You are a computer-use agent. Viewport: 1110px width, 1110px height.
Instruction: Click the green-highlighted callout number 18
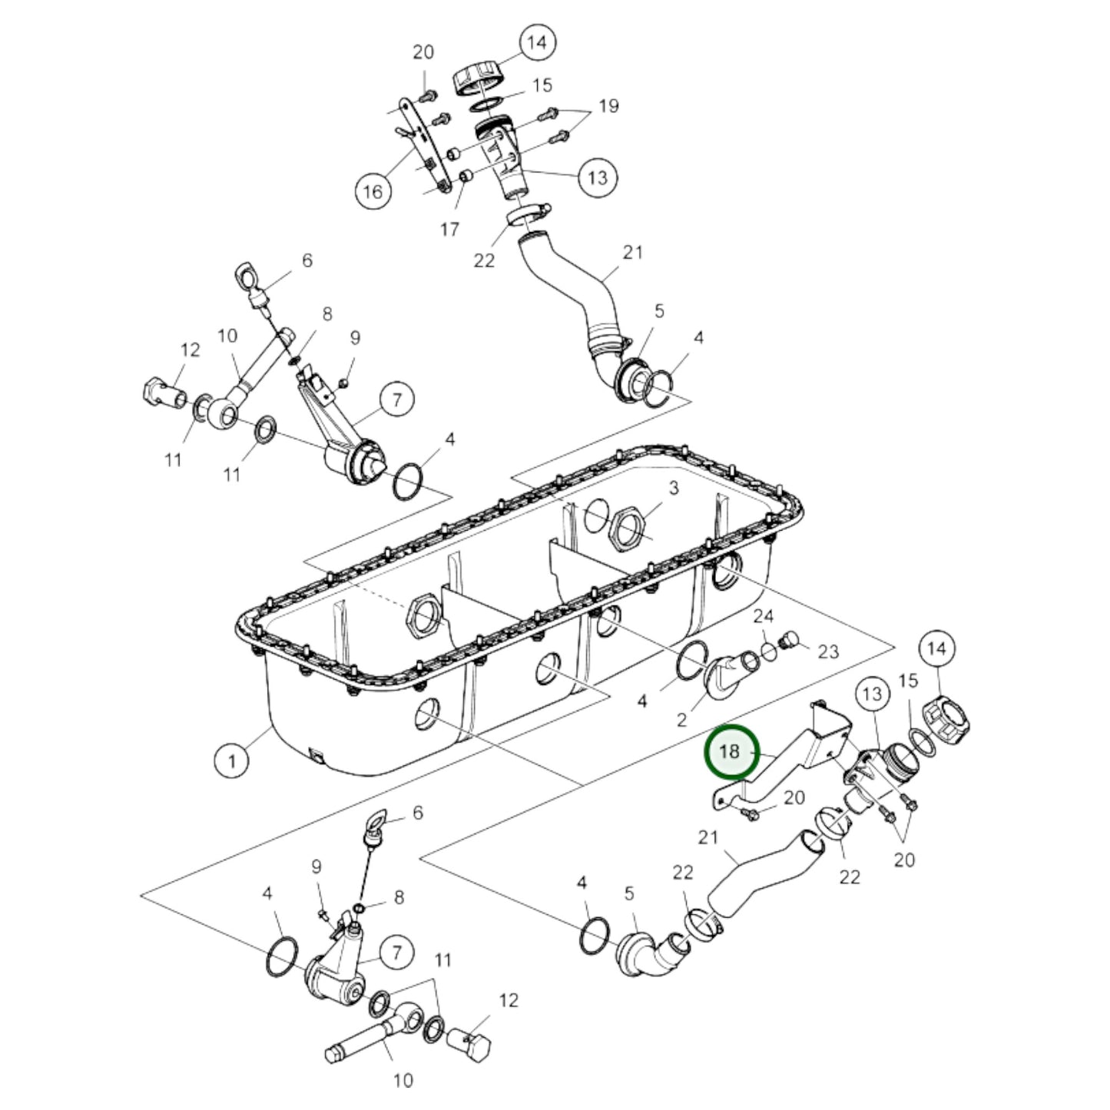pos(731,752)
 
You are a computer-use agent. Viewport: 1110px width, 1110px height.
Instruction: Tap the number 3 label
pos(673,488)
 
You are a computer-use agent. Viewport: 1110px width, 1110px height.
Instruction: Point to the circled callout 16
pos(372,191)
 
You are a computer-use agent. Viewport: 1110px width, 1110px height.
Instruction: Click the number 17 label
pos(449,228)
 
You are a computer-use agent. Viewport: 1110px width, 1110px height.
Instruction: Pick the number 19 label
pos(608,105)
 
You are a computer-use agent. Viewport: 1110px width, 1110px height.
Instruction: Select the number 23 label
pos(827,651)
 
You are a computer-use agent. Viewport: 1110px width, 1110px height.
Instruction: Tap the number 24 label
pos(763,616)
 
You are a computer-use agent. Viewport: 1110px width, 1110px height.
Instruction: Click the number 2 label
pos(681,719)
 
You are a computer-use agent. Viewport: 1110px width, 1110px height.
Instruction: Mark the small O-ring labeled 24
pos(769,652)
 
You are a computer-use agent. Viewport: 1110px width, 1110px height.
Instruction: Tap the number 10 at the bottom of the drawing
pos(403,1080)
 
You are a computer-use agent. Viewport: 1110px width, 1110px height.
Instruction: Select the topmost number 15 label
pos(542,84)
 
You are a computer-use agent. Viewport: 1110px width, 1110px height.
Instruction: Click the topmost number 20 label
pos(423,52)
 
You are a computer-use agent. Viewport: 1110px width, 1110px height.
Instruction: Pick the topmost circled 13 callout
pos(598,177)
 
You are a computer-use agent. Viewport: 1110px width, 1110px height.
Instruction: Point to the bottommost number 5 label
pos(629,893)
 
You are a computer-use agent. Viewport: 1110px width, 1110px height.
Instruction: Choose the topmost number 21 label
pos(632,252)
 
